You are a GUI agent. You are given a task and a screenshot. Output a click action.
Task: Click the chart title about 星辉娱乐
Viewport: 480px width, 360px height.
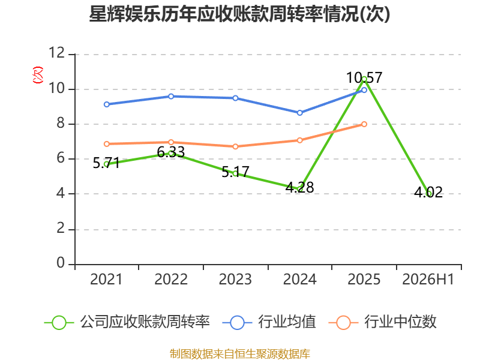[x=239, y=14]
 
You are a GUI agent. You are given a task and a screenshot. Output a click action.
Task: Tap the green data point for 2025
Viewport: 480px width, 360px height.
[x=364, y=79]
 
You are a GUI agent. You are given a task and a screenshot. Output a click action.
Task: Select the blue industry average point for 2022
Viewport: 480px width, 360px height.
[x=171, y=97]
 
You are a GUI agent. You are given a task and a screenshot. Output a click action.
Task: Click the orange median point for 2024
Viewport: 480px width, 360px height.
[x=299, y=140]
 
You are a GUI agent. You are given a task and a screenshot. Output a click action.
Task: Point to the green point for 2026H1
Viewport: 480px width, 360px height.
[x=428, y=193]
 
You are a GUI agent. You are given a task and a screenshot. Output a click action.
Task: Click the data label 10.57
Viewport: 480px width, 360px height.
[x=364, y=77]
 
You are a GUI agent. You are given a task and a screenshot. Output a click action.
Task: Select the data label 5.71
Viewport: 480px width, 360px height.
[x=106, y=163]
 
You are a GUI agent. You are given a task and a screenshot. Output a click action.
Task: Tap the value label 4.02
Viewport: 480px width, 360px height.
[x=428, y=192]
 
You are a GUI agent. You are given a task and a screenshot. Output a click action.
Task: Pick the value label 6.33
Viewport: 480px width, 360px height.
[x=171, y=152]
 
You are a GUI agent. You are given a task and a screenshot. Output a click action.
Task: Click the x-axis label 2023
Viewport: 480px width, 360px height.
[x=235, y=279]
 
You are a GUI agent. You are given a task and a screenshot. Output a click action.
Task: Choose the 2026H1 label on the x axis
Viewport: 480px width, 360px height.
[x=428, y=279]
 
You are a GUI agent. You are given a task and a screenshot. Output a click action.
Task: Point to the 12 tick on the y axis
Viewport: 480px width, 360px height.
[x=57, y=53]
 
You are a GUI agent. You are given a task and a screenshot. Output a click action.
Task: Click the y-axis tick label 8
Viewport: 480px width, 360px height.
[x=61, y=123]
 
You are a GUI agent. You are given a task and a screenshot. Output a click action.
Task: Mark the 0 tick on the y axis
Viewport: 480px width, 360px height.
[x=61, y=263]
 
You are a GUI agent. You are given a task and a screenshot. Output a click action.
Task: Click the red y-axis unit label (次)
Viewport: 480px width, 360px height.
[x=38, y=75]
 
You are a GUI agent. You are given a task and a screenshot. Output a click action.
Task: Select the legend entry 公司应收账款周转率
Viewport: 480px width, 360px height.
[x=127, y=322]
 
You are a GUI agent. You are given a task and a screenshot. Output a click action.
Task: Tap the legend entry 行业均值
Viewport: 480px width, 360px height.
[x=269, y=322]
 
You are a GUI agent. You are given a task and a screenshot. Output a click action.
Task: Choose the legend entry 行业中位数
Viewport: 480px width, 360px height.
[x=382, y=322]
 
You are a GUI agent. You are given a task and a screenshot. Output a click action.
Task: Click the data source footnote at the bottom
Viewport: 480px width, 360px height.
[x=239, y=354]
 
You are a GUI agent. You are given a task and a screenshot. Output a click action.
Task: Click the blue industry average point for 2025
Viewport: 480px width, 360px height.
[x=364, y=90]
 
